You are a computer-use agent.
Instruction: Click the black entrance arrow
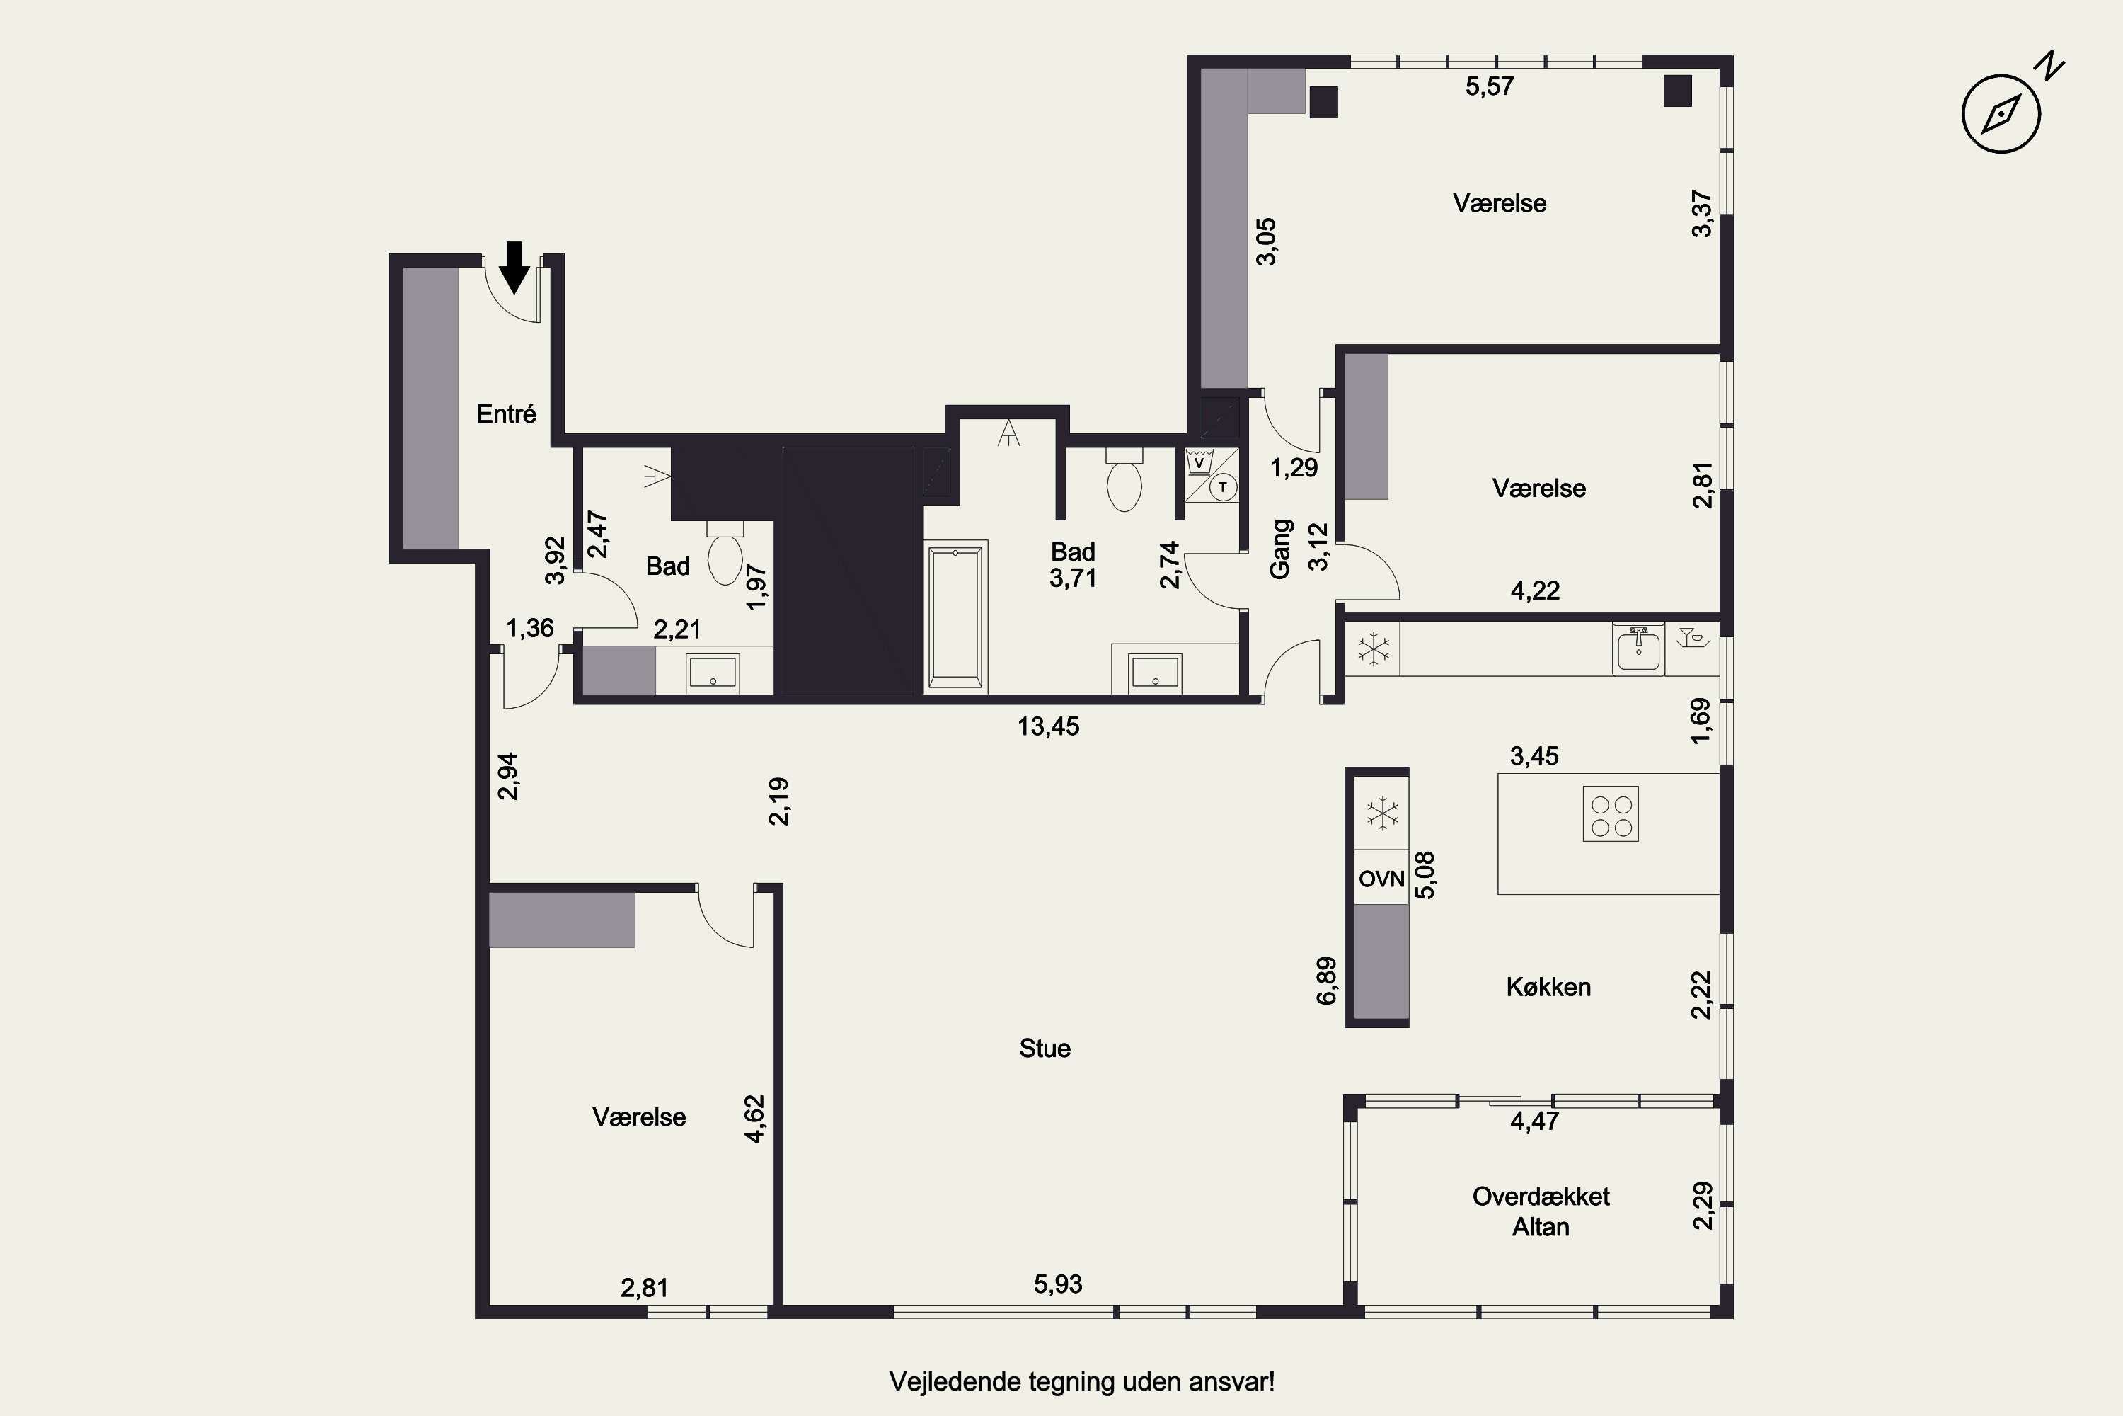tap(514, 268)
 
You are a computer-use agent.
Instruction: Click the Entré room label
tap(507, 413)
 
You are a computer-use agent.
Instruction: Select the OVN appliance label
tap(1382, 879)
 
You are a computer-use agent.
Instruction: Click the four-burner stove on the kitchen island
tap(1611, 816)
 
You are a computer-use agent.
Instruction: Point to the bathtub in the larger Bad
tap(955, 617)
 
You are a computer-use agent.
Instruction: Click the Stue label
tap(1045, 1049)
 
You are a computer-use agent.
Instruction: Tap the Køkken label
tap(1548, 986)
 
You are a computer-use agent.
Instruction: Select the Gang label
tap(1281, 548)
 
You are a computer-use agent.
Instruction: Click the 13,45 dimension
tap(1048, 726)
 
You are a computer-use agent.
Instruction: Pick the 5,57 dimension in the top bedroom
tap(1490, 86)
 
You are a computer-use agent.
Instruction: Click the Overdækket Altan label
tap(1541, 1211)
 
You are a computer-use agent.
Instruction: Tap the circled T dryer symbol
tap(1223, 488)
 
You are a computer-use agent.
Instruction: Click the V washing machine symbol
tap(1199, 462)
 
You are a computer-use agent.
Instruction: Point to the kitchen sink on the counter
tap(1638, 649)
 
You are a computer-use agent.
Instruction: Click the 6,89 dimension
tap(1326, 981)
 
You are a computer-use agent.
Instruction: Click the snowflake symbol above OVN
tap(1382, 813)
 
